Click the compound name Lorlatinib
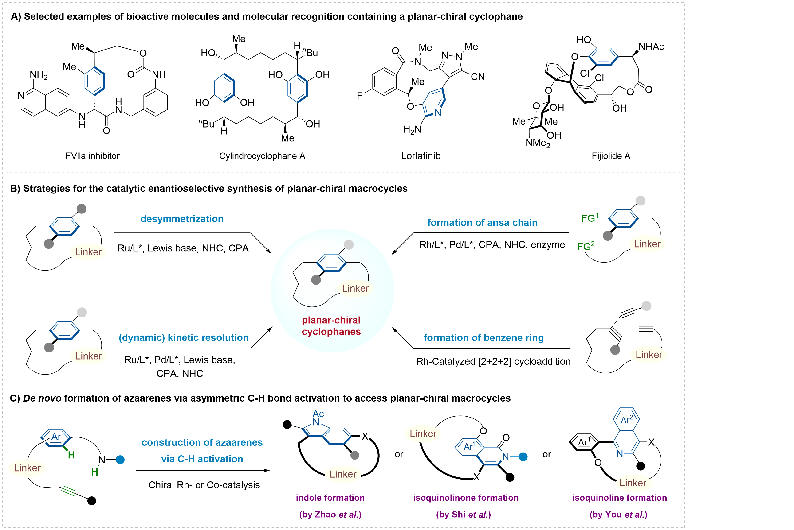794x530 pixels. pos(421,156)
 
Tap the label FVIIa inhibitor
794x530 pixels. pos(92,156)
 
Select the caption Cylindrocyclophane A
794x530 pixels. pos(262,156)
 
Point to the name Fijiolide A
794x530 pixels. pos(611,156)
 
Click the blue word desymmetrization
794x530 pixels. pos(182,219)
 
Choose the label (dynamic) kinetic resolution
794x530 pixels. pos(183,337)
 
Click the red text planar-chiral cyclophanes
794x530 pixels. pos(331,326)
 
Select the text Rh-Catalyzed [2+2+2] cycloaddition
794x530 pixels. pos(493,361)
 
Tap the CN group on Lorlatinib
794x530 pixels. pos(478,77)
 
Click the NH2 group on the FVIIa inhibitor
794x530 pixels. pos(39,75)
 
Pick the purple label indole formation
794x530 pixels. pos(330,498)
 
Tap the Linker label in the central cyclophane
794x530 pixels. pos(355,288)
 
